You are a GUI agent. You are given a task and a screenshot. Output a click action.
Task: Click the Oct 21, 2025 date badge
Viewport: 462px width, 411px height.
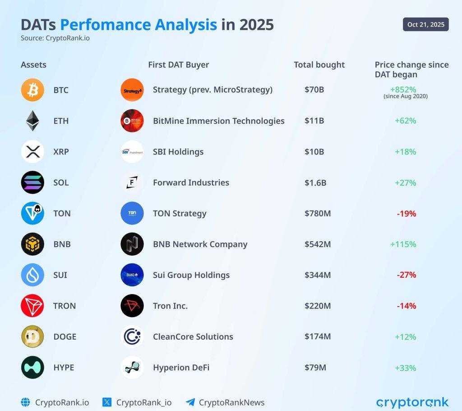[x=425, y=24]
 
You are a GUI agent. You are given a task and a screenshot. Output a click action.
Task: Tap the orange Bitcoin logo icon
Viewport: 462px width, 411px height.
[x=32, y=90]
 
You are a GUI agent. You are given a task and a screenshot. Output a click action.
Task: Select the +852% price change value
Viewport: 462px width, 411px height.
[x=405, y=89]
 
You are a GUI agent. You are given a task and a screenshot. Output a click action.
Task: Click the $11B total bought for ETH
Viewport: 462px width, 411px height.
[x=314, y=121]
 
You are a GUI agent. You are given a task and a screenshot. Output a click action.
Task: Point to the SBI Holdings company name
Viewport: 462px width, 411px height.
[x=178, y=152]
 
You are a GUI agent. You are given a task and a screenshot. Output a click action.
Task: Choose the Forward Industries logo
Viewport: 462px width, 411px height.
[x=132, y=182]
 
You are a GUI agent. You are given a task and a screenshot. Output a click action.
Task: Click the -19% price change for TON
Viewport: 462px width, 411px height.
[x=406, y=214]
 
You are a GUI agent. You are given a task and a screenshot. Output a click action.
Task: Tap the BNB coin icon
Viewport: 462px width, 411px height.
[x=32, y=244]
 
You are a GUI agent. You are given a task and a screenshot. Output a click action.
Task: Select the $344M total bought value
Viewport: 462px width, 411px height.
[x=317, y=275]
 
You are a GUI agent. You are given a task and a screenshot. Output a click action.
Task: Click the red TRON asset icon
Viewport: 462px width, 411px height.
[x=32, y=306]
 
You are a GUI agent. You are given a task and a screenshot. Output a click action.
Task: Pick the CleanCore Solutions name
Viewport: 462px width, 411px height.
[x=193, y=336]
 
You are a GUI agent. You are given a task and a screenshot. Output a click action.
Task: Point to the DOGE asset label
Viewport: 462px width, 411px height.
[x=65, y=336]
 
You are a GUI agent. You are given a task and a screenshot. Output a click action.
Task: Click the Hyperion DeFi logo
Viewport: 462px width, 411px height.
[x=132, y=368]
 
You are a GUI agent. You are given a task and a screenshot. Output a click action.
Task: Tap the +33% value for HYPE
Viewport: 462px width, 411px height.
[x=405, y=368]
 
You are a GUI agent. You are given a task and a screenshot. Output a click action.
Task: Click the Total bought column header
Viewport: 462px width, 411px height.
[x=319, y=65]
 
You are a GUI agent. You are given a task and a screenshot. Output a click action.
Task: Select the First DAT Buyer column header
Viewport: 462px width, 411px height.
[x=178, y=65]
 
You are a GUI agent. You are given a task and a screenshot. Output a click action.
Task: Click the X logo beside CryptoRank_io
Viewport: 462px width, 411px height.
[x=107, y=402]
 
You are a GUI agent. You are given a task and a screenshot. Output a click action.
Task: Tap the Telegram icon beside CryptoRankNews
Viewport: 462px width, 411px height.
[x=190, y=402]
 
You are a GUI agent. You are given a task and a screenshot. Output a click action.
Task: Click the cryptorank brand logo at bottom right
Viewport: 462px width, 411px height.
[x=412, y=402]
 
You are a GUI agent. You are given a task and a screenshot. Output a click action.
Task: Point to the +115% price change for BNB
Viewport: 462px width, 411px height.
[x=403, y=244]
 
